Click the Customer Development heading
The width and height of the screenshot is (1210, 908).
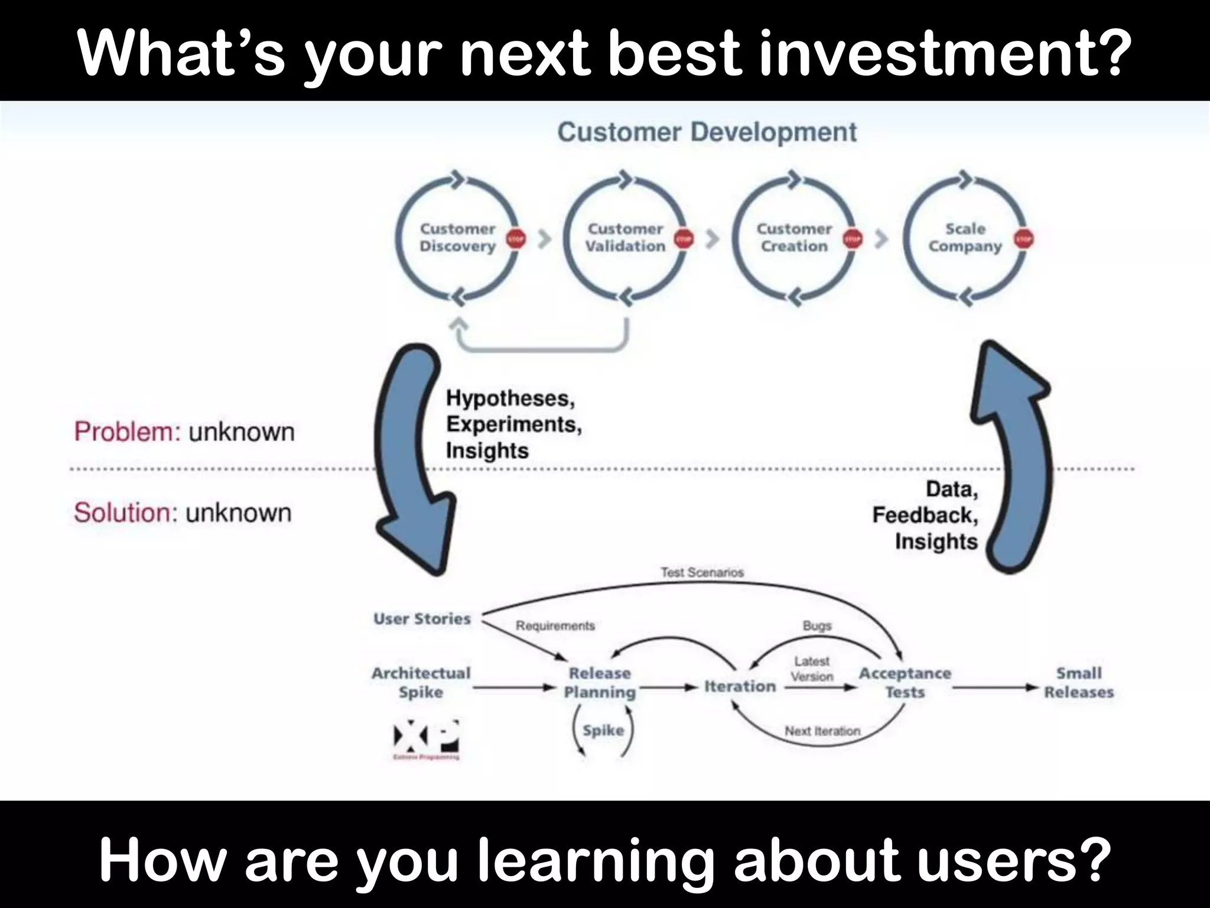point(707,132)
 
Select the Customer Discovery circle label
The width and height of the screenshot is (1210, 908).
point(457,238)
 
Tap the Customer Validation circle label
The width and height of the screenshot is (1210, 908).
point(625,238)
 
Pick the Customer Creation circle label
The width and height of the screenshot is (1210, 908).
point(794,238)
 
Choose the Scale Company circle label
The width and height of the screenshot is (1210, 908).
point(965,238)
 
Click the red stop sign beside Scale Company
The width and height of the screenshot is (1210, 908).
point(1024,239)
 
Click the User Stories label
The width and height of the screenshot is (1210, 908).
point(422,619)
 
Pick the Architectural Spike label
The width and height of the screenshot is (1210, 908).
point(421,682)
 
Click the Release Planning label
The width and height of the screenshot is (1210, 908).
point(600,682)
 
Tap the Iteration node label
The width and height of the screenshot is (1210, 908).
point(740,686)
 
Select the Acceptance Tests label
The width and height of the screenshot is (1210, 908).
point(905,682)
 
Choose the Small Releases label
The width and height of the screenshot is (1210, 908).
point(1078,682)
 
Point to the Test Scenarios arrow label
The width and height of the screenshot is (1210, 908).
point(702,572)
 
